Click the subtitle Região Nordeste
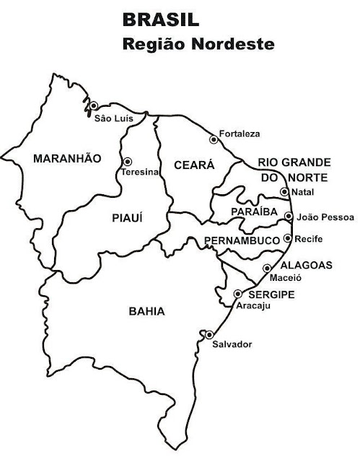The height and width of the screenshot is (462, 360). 199,44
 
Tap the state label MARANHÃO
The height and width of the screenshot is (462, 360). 68,158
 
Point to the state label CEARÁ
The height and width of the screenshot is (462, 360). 195,165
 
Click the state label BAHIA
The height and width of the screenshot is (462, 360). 146,312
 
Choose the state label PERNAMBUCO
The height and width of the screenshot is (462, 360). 241,239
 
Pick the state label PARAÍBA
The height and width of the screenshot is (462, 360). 250,211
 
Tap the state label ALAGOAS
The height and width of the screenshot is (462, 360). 306,265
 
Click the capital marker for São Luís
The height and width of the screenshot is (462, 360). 93,105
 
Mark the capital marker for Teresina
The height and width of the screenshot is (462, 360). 128,162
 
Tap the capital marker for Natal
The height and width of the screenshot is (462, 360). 284,191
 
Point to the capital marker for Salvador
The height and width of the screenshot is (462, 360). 208,334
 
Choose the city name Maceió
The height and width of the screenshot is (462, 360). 284,277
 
